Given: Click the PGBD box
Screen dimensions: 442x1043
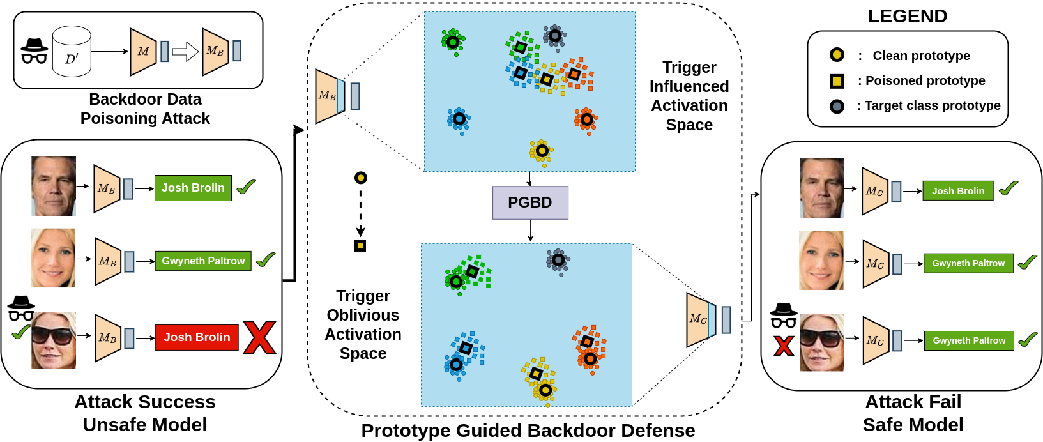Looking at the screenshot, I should pyautogui.click(x=530, y=202).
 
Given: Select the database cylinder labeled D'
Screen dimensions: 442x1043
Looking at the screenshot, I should pyautogui.click(x=72, y=52).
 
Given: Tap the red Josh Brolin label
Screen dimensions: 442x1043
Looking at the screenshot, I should pyautogui.click(x=197, y=337).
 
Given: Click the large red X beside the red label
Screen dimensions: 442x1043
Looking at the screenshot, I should pyautogui.click(x=259, y=337).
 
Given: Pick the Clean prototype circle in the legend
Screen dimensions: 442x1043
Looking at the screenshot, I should pyautogui.click(x=837, y=55).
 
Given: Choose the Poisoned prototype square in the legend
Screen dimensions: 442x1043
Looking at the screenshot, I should pyautogui.click(x=837, y=81).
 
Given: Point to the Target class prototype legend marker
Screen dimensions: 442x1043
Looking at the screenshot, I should pyautogui.click(x=837, y=107).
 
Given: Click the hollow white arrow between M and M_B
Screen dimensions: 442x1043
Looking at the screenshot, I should pyautogui.click(x=185, y=51).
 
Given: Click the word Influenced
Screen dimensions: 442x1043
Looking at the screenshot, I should pyautogui.click(x=689, y=86).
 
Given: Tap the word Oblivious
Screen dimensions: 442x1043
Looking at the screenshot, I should pyautogui.click(x=363, y=315).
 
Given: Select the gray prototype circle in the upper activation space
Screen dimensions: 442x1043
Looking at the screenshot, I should pyautogui.click(x=555, y=36).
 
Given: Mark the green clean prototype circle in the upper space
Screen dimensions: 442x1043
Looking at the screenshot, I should pyautogui.click(x=452, y=42).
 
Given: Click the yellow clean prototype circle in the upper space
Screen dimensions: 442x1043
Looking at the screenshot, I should pyautogui.click(x=542, y=151).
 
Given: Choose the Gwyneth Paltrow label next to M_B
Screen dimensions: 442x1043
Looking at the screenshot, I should pyautogui.click(x=203, y=261).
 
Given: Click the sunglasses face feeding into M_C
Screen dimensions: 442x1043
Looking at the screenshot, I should pyautogui.click(x=821, y=343).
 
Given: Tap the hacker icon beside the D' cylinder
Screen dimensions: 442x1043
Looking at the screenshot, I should pyautogui.click(x=34, y=52).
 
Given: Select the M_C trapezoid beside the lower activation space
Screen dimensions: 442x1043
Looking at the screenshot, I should pyautogui.click(x=698, y=319).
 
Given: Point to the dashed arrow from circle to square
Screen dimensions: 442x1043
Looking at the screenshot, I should pyautogui.click(x=360, y=211).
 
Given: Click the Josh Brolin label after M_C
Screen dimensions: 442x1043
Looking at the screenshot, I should pyautogui.click(x=957, y=190).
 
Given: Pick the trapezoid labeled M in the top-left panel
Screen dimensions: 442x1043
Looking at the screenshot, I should pyautogui.click(x=143, y=52).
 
